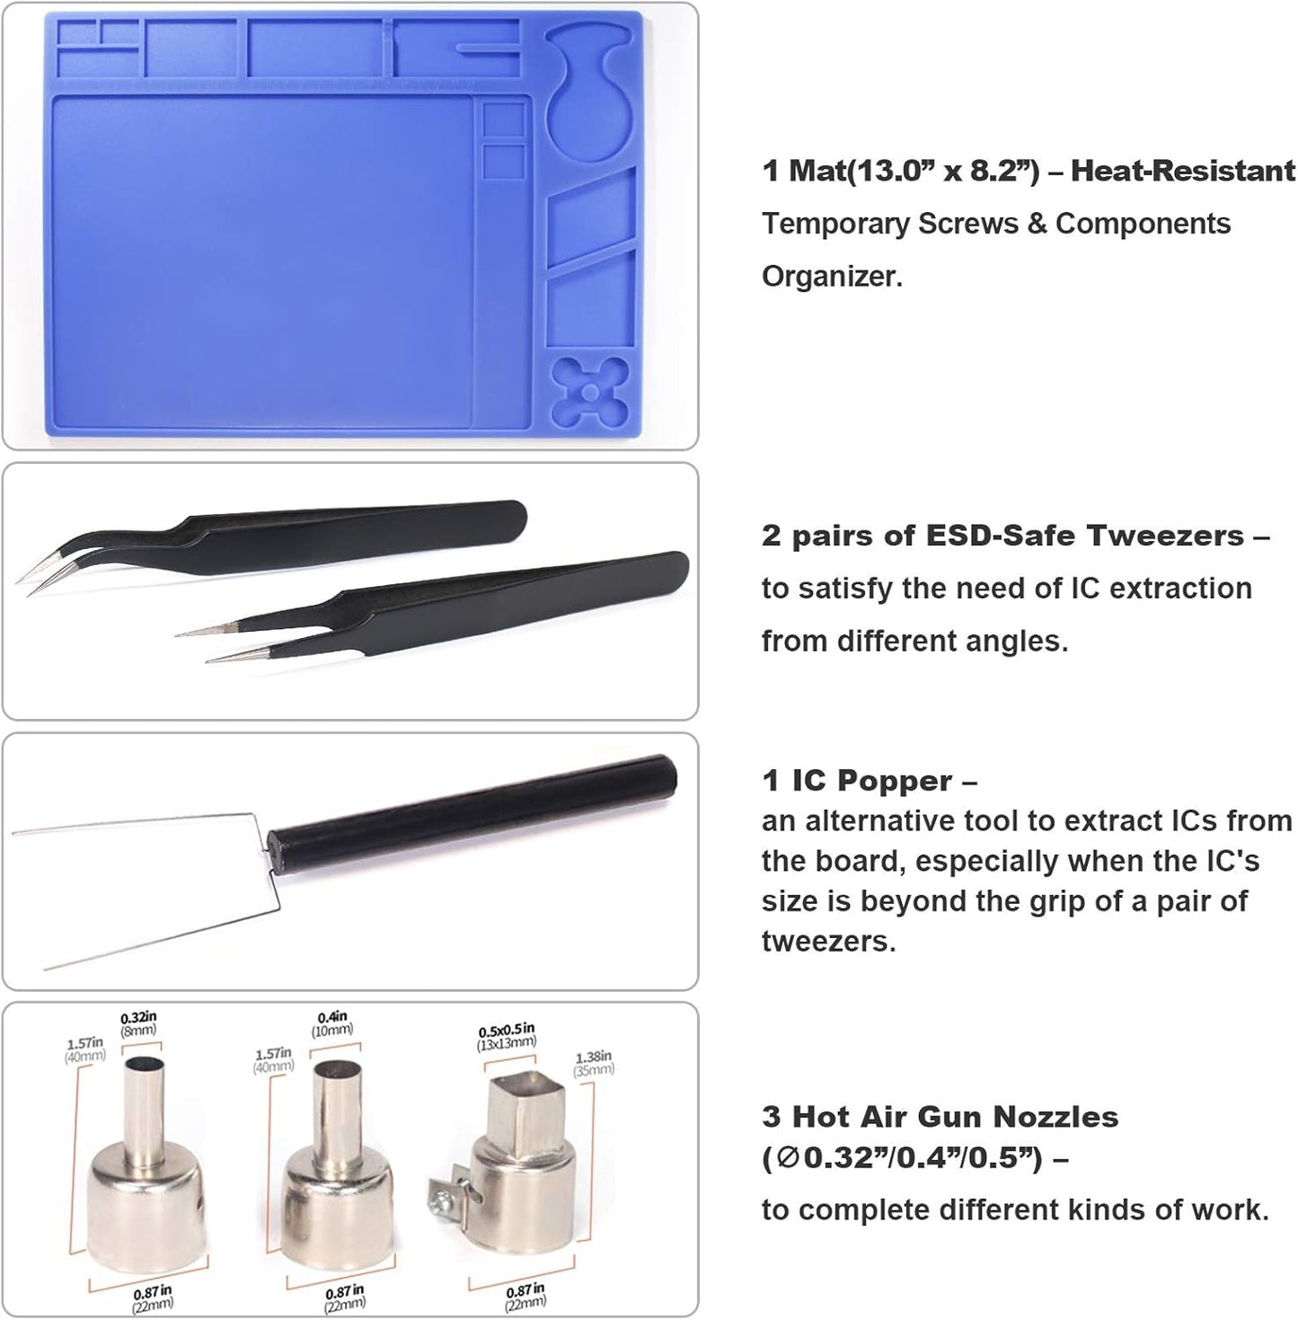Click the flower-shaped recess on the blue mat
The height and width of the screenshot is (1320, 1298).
pos(588,392)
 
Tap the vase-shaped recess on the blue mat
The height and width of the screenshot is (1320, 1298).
pos(588,99)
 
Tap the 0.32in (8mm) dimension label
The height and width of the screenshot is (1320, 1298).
pos(139,1023)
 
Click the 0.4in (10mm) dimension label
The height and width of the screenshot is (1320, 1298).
pos(331,1023)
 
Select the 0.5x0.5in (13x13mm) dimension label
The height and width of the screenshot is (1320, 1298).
pos(507,1036)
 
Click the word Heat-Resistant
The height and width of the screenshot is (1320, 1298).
pos(1183,171)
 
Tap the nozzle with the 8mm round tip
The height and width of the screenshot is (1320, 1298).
pos(144,1168)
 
